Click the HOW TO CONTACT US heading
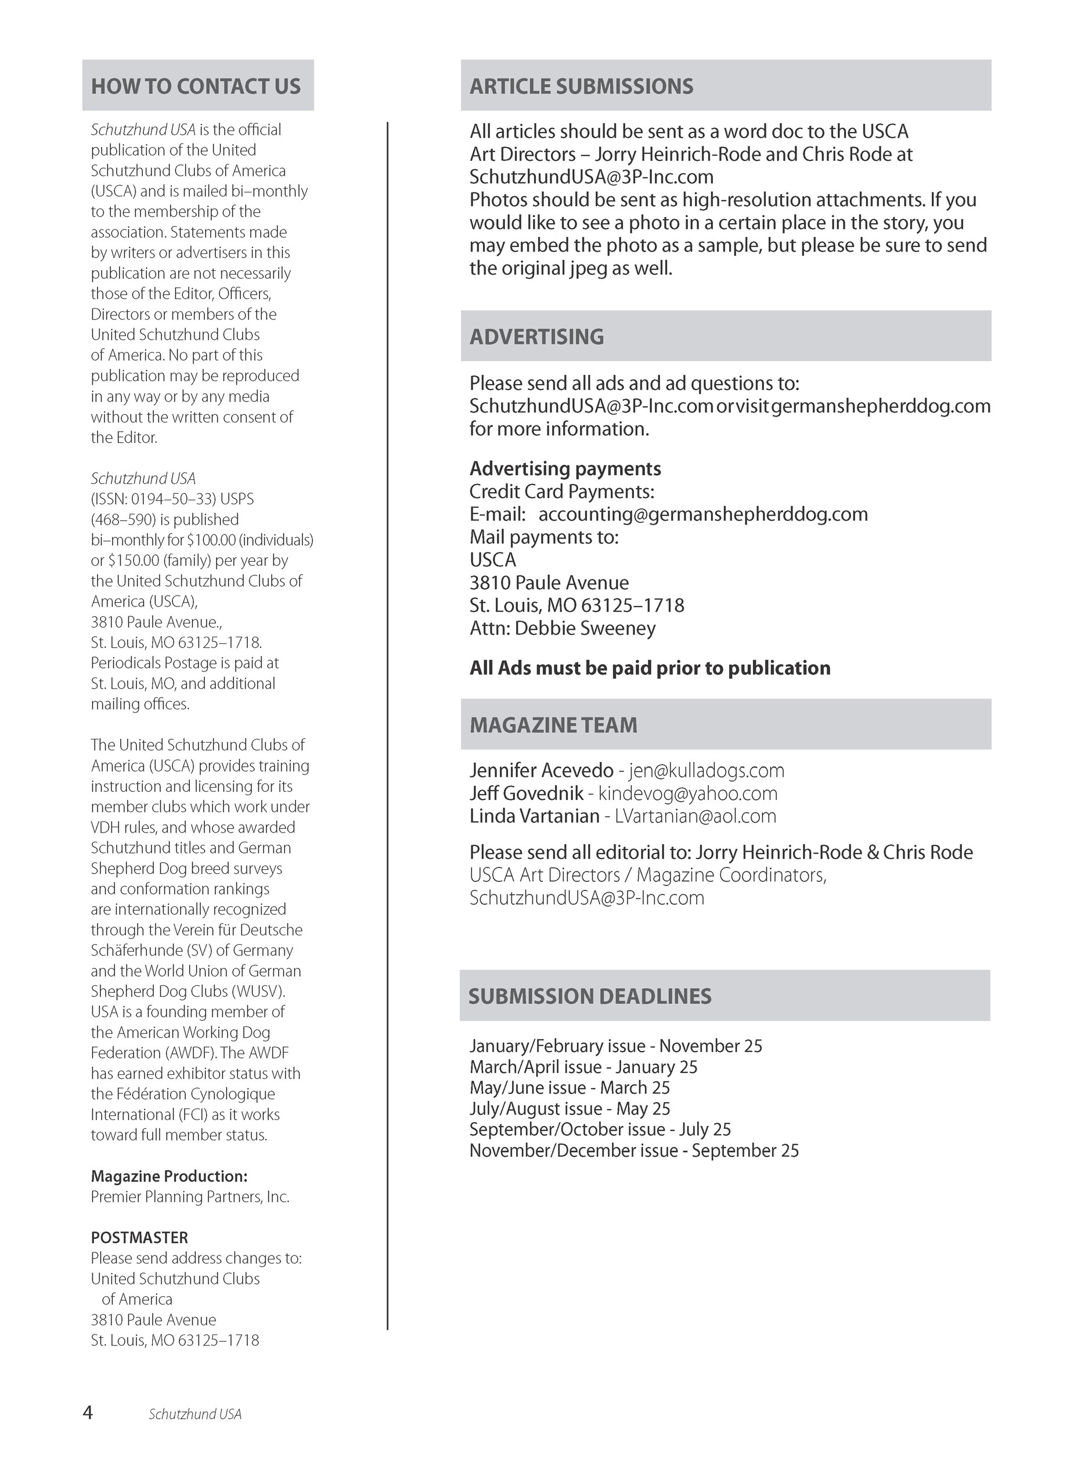click(x=196, y=86)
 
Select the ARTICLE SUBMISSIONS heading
click(x=581, y=86)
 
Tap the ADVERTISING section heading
click(x=536, y=336)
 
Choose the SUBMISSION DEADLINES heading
click(x=589, y=996)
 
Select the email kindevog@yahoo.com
click(x=687, y=793)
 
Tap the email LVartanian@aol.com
click(x=695, y=816)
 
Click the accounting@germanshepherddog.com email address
click(x=703, y=514)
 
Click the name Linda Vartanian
click(x=534, y=816)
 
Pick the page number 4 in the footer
click(x=88, y=1413)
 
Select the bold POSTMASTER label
click(x=139, y=1237)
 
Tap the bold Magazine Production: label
click(x=169, y=1176)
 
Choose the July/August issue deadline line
click(x=570, y=1108)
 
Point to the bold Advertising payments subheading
click(x=565, y=468)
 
